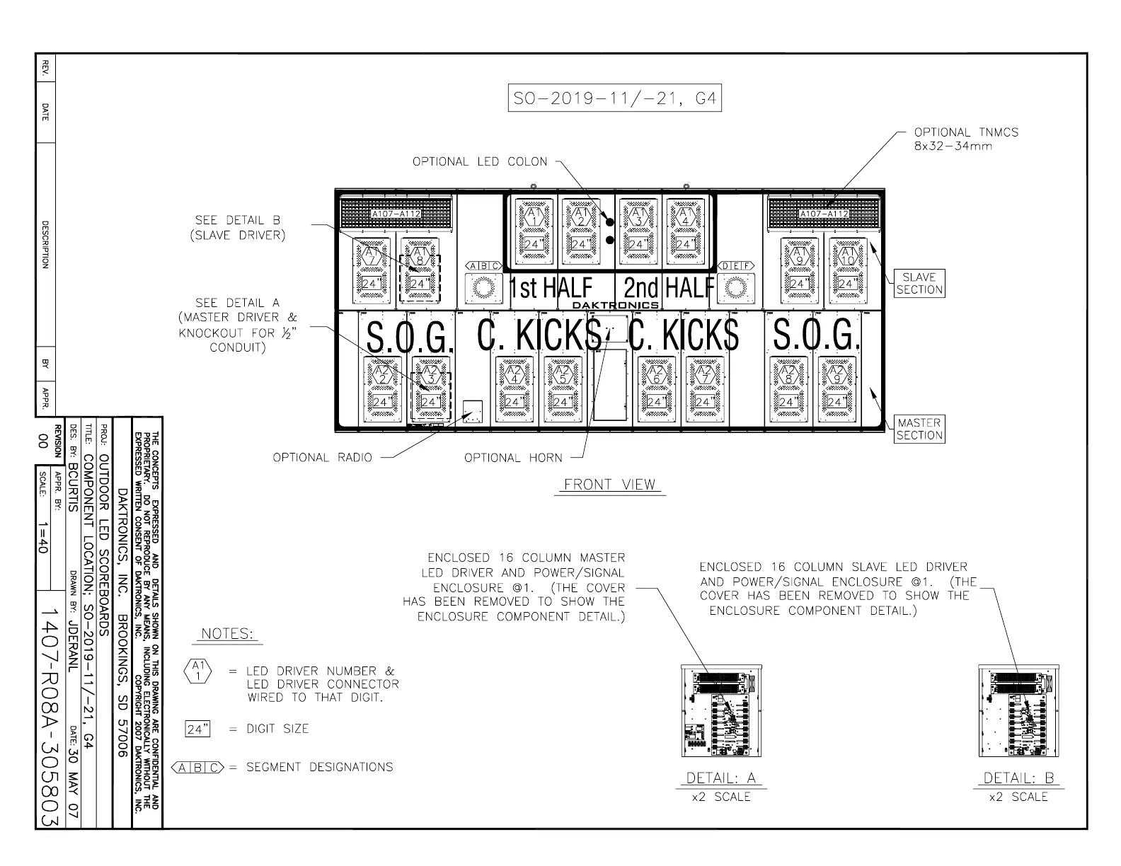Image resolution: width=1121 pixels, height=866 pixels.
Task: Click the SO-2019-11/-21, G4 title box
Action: [614, 99]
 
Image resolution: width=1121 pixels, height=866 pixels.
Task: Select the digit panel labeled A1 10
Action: [847, 267]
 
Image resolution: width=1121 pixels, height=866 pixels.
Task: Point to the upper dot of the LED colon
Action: [609, 221]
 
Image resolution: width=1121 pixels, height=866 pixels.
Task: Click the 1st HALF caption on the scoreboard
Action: [551, 288]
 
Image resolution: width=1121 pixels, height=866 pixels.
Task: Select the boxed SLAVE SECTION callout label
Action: [919, 283]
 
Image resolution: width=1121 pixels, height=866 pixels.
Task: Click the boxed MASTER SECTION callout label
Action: [919, 429]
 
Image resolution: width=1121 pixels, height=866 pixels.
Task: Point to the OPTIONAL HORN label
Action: [513, 458]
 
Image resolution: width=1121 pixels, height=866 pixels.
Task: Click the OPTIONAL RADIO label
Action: [323, 458]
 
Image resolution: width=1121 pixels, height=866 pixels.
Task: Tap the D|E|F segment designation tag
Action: [735, 266]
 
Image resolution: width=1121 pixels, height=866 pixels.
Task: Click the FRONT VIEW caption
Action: [610, 485]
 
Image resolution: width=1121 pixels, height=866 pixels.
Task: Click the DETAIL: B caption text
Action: [1019, 778]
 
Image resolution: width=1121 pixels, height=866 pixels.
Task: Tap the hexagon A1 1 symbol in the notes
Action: [198, 671]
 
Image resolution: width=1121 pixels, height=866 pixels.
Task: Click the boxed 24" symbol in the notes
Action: [198, 729]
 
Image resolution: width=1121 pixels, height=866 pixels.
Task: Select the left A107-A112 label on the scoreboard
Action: [396, 214]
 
